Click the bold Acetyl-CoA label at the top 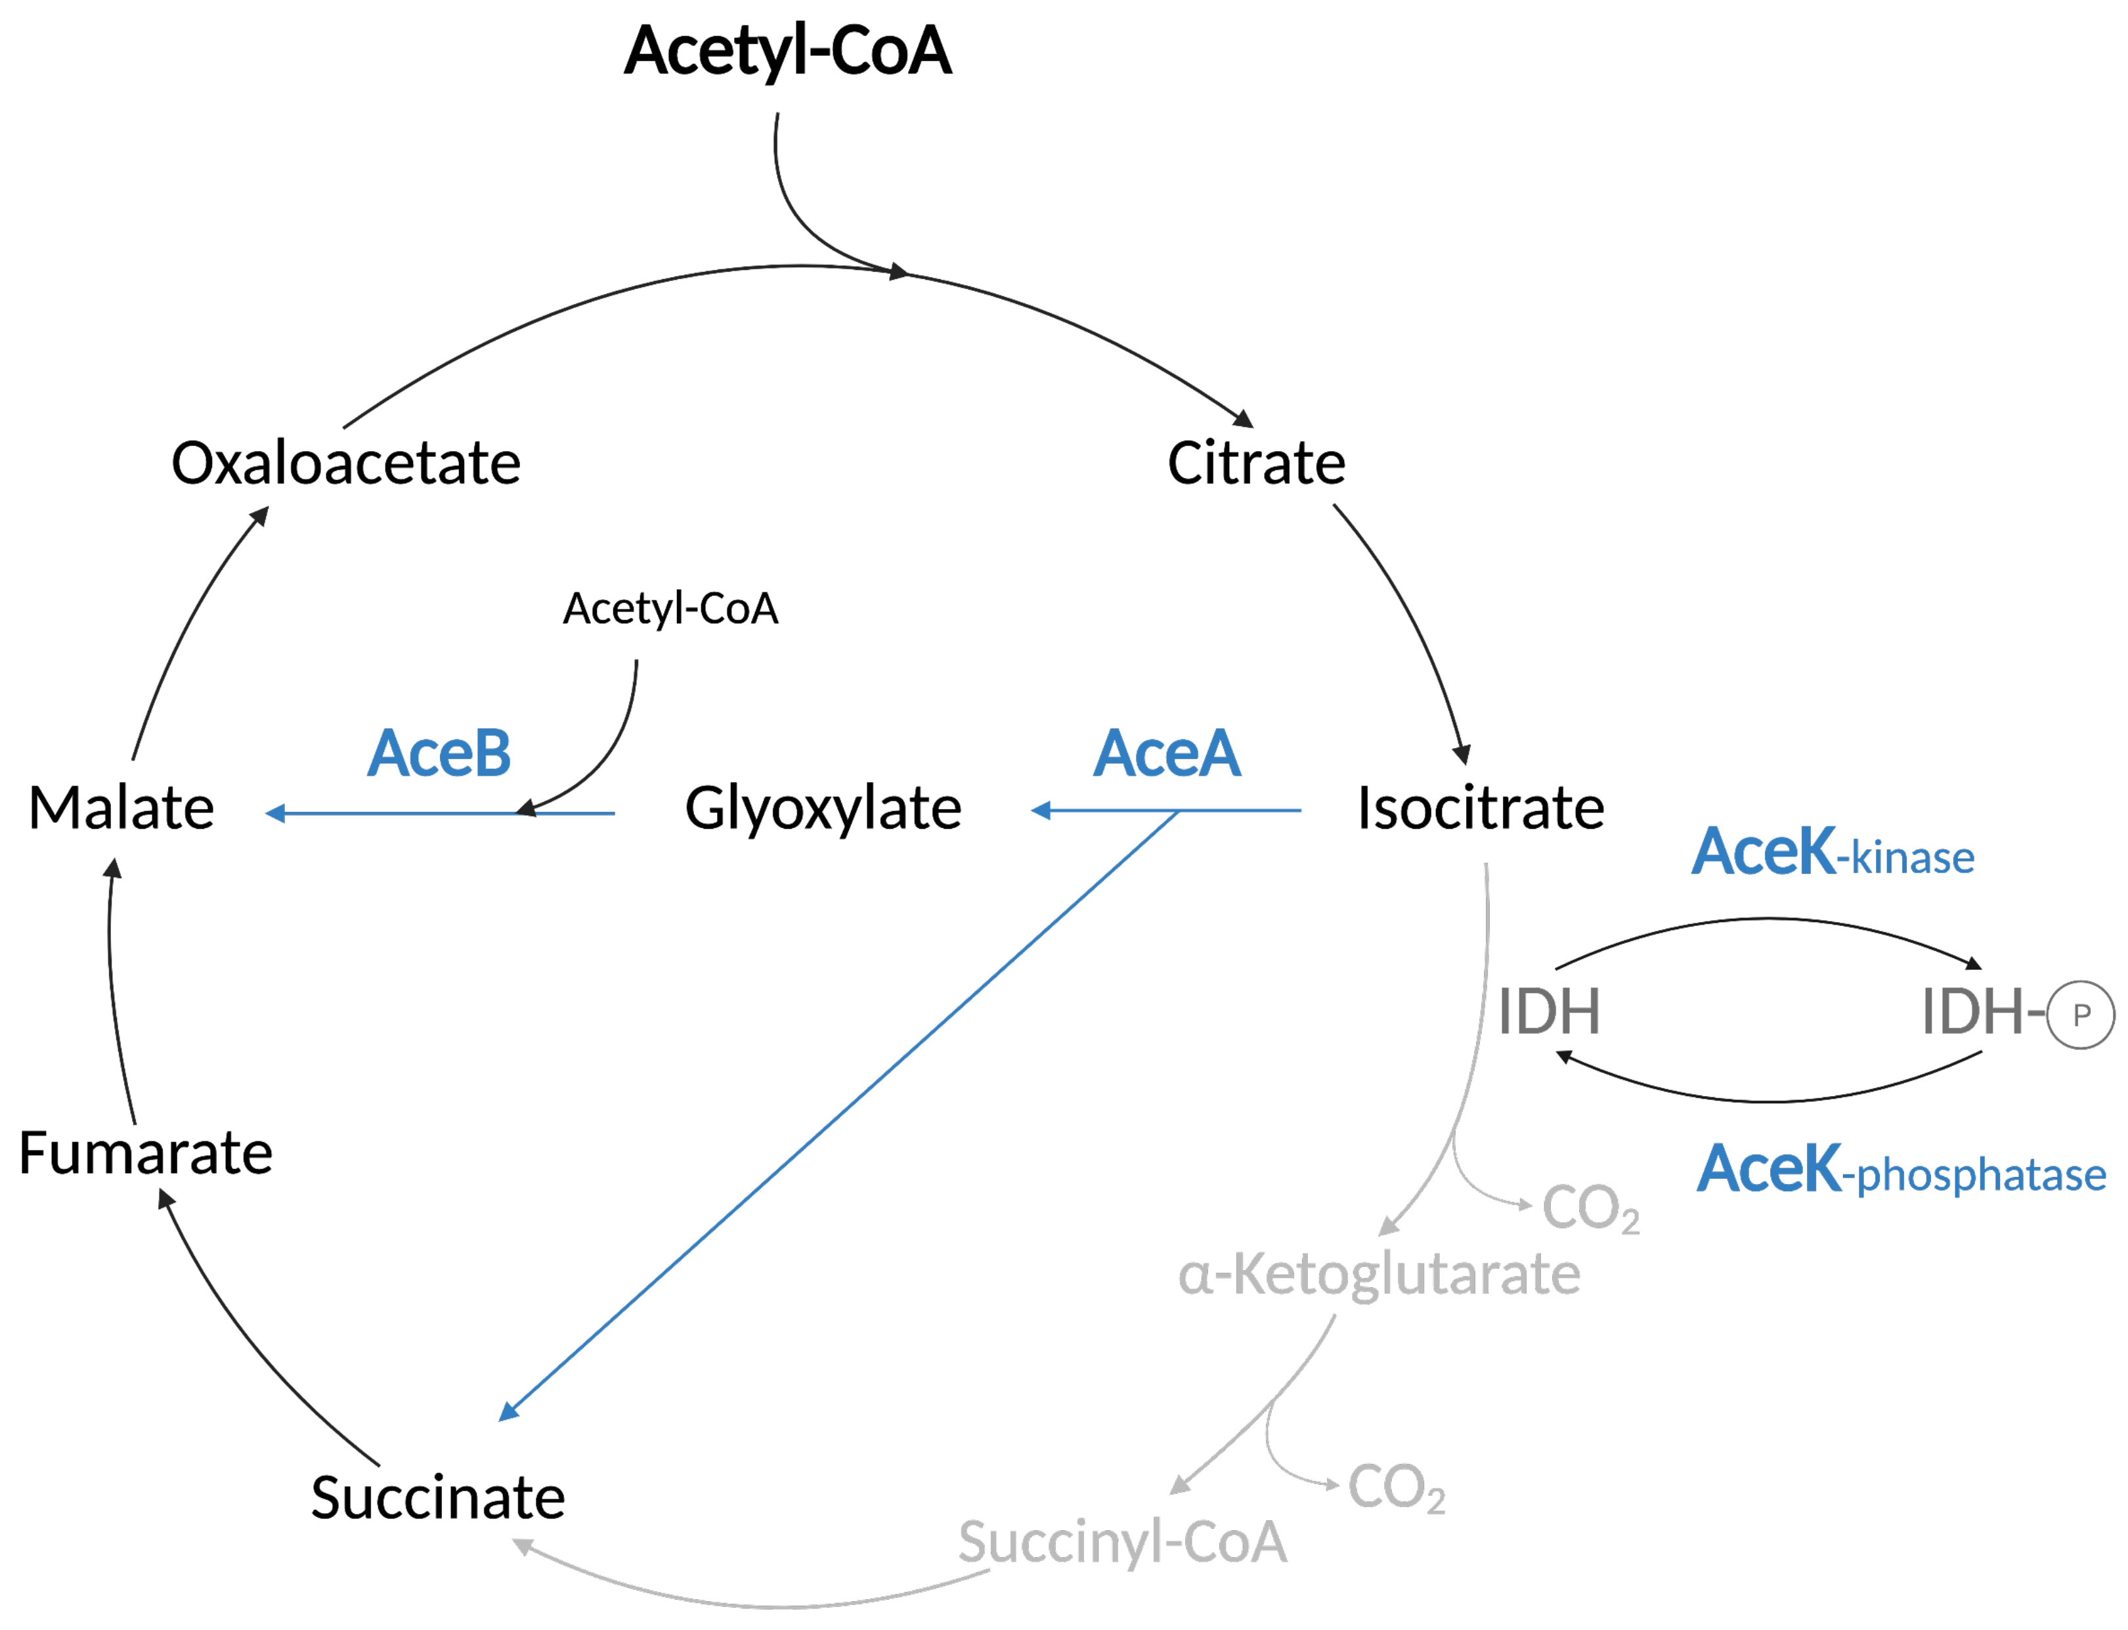(787, 51)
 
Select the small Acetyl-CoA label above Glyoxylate (670, 608)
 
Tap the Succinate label (437, 1497)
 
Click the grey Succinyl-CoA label (1122, 1542)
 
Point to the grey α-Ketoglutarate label (1378, 1274)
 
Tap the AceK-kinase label (1832, 853)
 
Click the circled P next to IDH (2081, 1015)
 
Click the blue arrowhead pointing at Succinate (508, 1412)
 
